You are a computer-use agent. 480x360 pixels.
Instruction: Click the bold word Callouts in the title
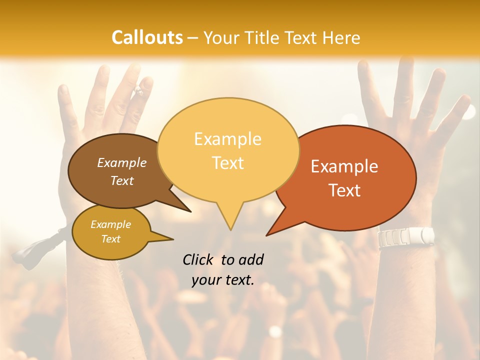[x=147, y=37]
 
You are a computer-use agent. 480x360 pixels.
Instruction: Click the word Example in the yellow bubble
[x=227, y=139]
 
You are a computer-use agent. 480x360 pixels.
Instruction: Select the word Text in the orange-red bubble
[x=344, y=190]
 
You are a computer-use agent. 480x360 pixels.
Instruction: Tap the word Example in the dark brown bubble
[x=122, y=162]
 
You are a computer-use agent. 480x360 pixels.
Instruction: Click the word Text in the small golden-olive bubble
[x=111, y=239]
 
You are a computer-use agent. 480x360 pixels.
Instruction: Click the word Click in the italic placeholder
[x=198, y=259]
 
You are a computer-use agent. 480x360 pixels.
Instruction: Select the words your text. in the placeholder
[x=223, y=280]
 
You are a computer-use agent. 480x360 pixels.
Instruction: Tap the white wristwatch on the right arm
[x=406, y=236]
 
